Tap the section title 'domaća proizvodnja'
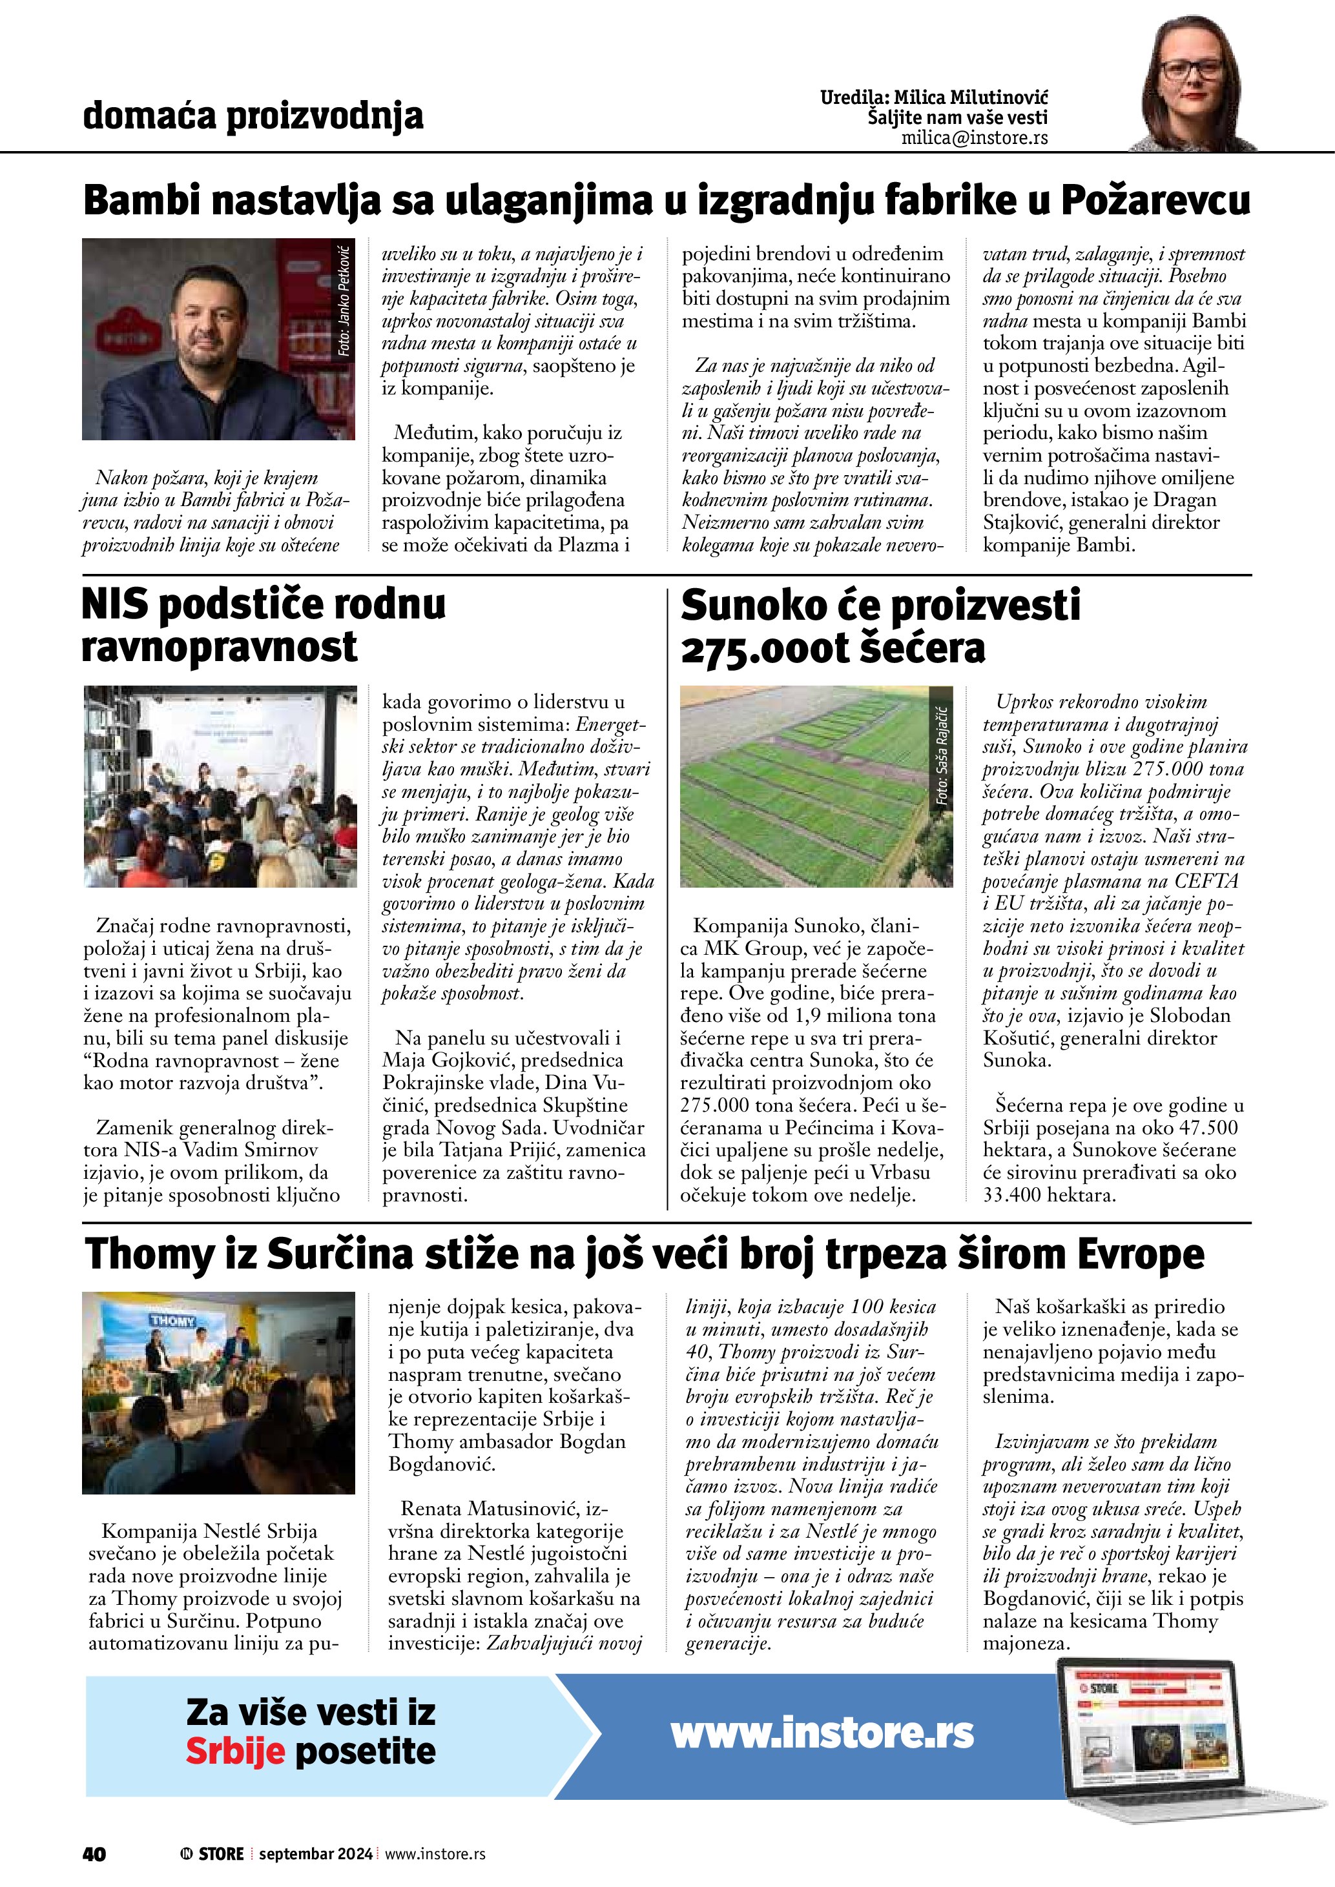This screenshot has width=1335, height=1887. click(x=253, y=116)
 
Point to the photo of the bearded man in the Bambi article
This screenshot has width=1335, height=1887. click(x=219, y=340)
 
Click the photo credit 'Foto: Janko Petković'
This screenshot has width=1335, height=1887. click(x=344, y=301)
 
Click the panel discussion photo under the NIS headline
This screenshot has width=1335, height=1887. click(x=220, y=786)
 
